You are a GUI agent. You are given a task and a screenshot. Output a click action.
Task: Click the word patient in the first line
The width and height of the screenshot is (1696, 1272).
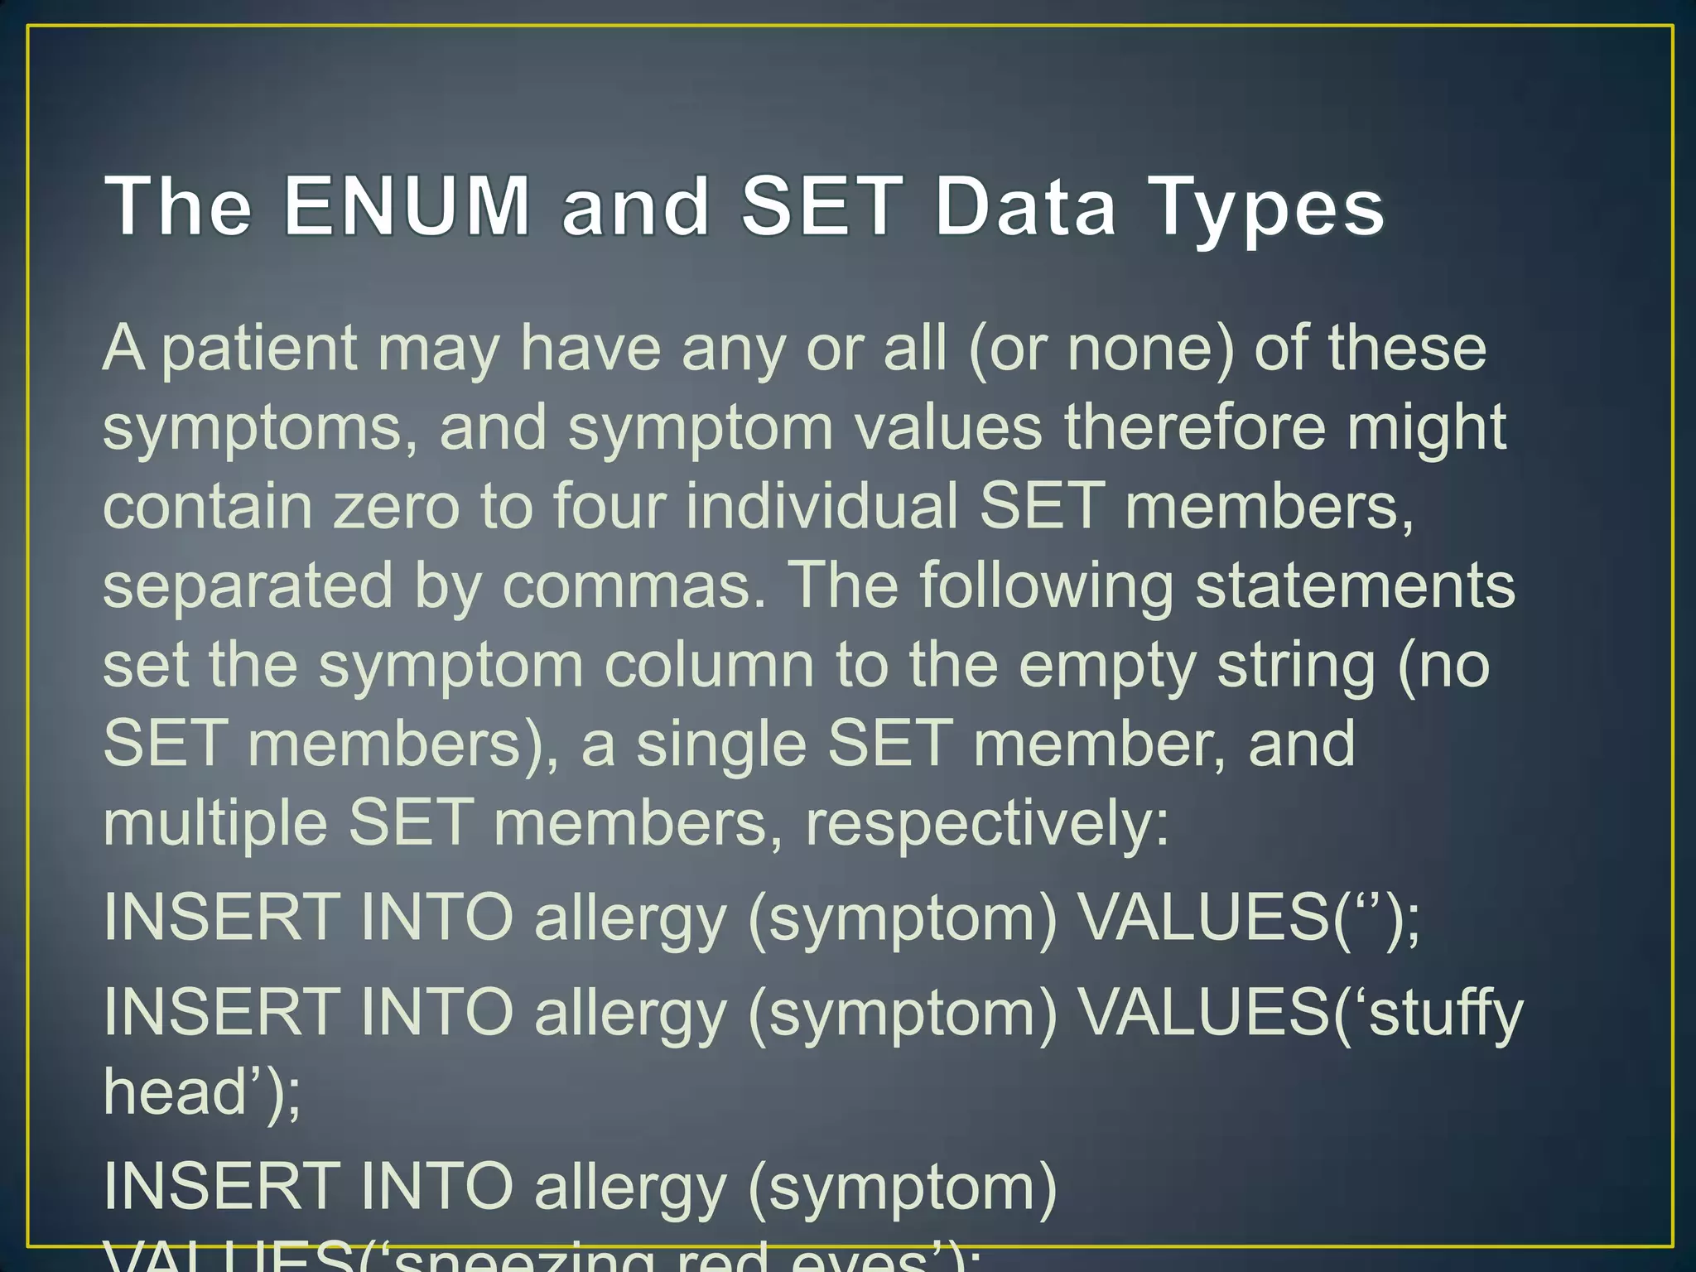(259, 349)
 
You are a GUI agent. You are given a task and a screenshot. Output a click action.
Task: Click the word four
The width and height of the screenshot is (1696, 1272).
(609, 506)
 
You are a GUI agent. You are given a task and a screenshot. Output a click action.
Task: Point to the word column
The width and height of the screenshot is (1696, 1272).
(709, 665)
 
